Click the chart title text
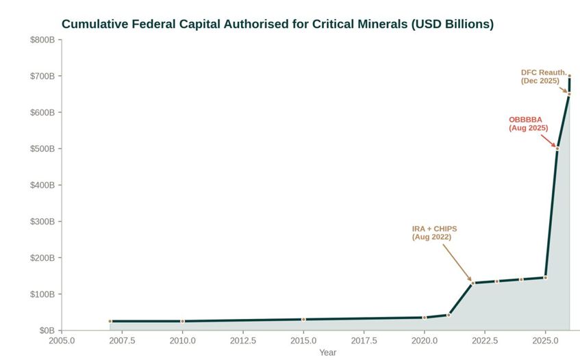pyautogui.click(x=277, y=24)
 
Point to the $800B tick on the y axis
pyautogui.click(x=42, y=40)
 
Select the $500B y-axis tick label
pyautogui.click(x=42, y=149)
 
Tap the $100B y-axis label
pyautogui.click(x=42, y=294)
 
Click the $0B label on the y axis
pyautogui.click(x=47, y=331)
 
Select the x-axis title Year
pyautogui.click(x=327, y=352)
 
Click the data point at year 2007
pyautogui.click(x=110, y=321)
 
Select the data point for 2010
pyautogui.click(x=182, y=321)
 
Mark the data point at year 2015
pyautogui.click(x=303, y=320)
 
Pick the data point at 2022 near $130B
pyautogui.click(x=472, y=283)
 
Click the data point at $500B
pyautogui.click(x=557, y=149)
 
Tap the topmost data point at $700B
pyautogui.click(x=569, y=76)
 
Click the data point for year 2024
pyautogui.click(x=521, y=279)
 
